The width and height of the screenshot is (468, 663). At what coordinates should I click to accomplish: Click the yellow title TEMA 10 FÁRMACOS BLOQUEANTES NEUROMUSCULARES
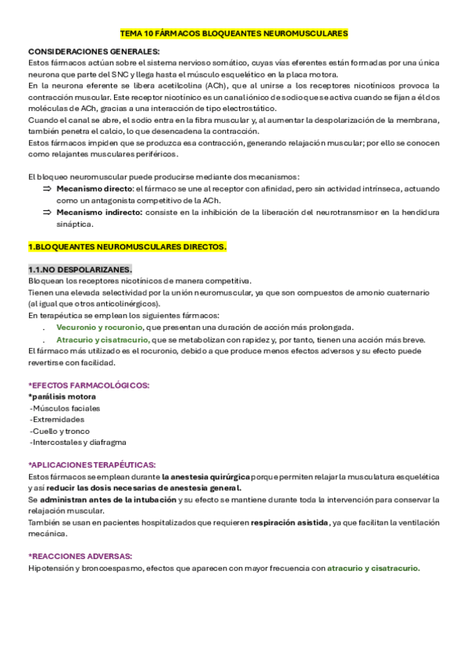point(234,34)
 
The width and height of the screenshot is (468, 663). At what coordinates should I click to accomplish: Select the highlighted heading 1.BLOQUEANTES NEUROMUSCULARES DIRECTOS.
point(127,247)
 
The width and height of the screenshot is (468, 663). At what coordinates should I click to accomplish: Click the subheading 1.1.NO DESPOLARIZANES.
point(80,270)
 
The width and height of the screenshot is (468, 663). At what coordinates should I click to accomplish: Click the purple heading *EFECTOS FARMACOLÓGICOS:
point(89,385)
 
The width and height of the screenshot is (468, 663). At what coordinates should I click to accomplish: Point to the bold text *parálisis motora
point(62,397)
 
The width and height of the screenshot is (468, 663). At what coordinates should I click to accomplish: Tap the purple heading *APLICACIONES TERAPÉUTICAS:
point(91,464)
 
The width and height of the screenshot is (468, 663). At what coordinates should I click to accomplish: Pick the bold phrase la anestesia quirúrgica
point(209,476)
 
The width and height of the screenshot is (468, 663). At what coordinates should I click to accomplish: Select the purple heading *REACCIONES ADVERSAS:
point(80,556)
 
